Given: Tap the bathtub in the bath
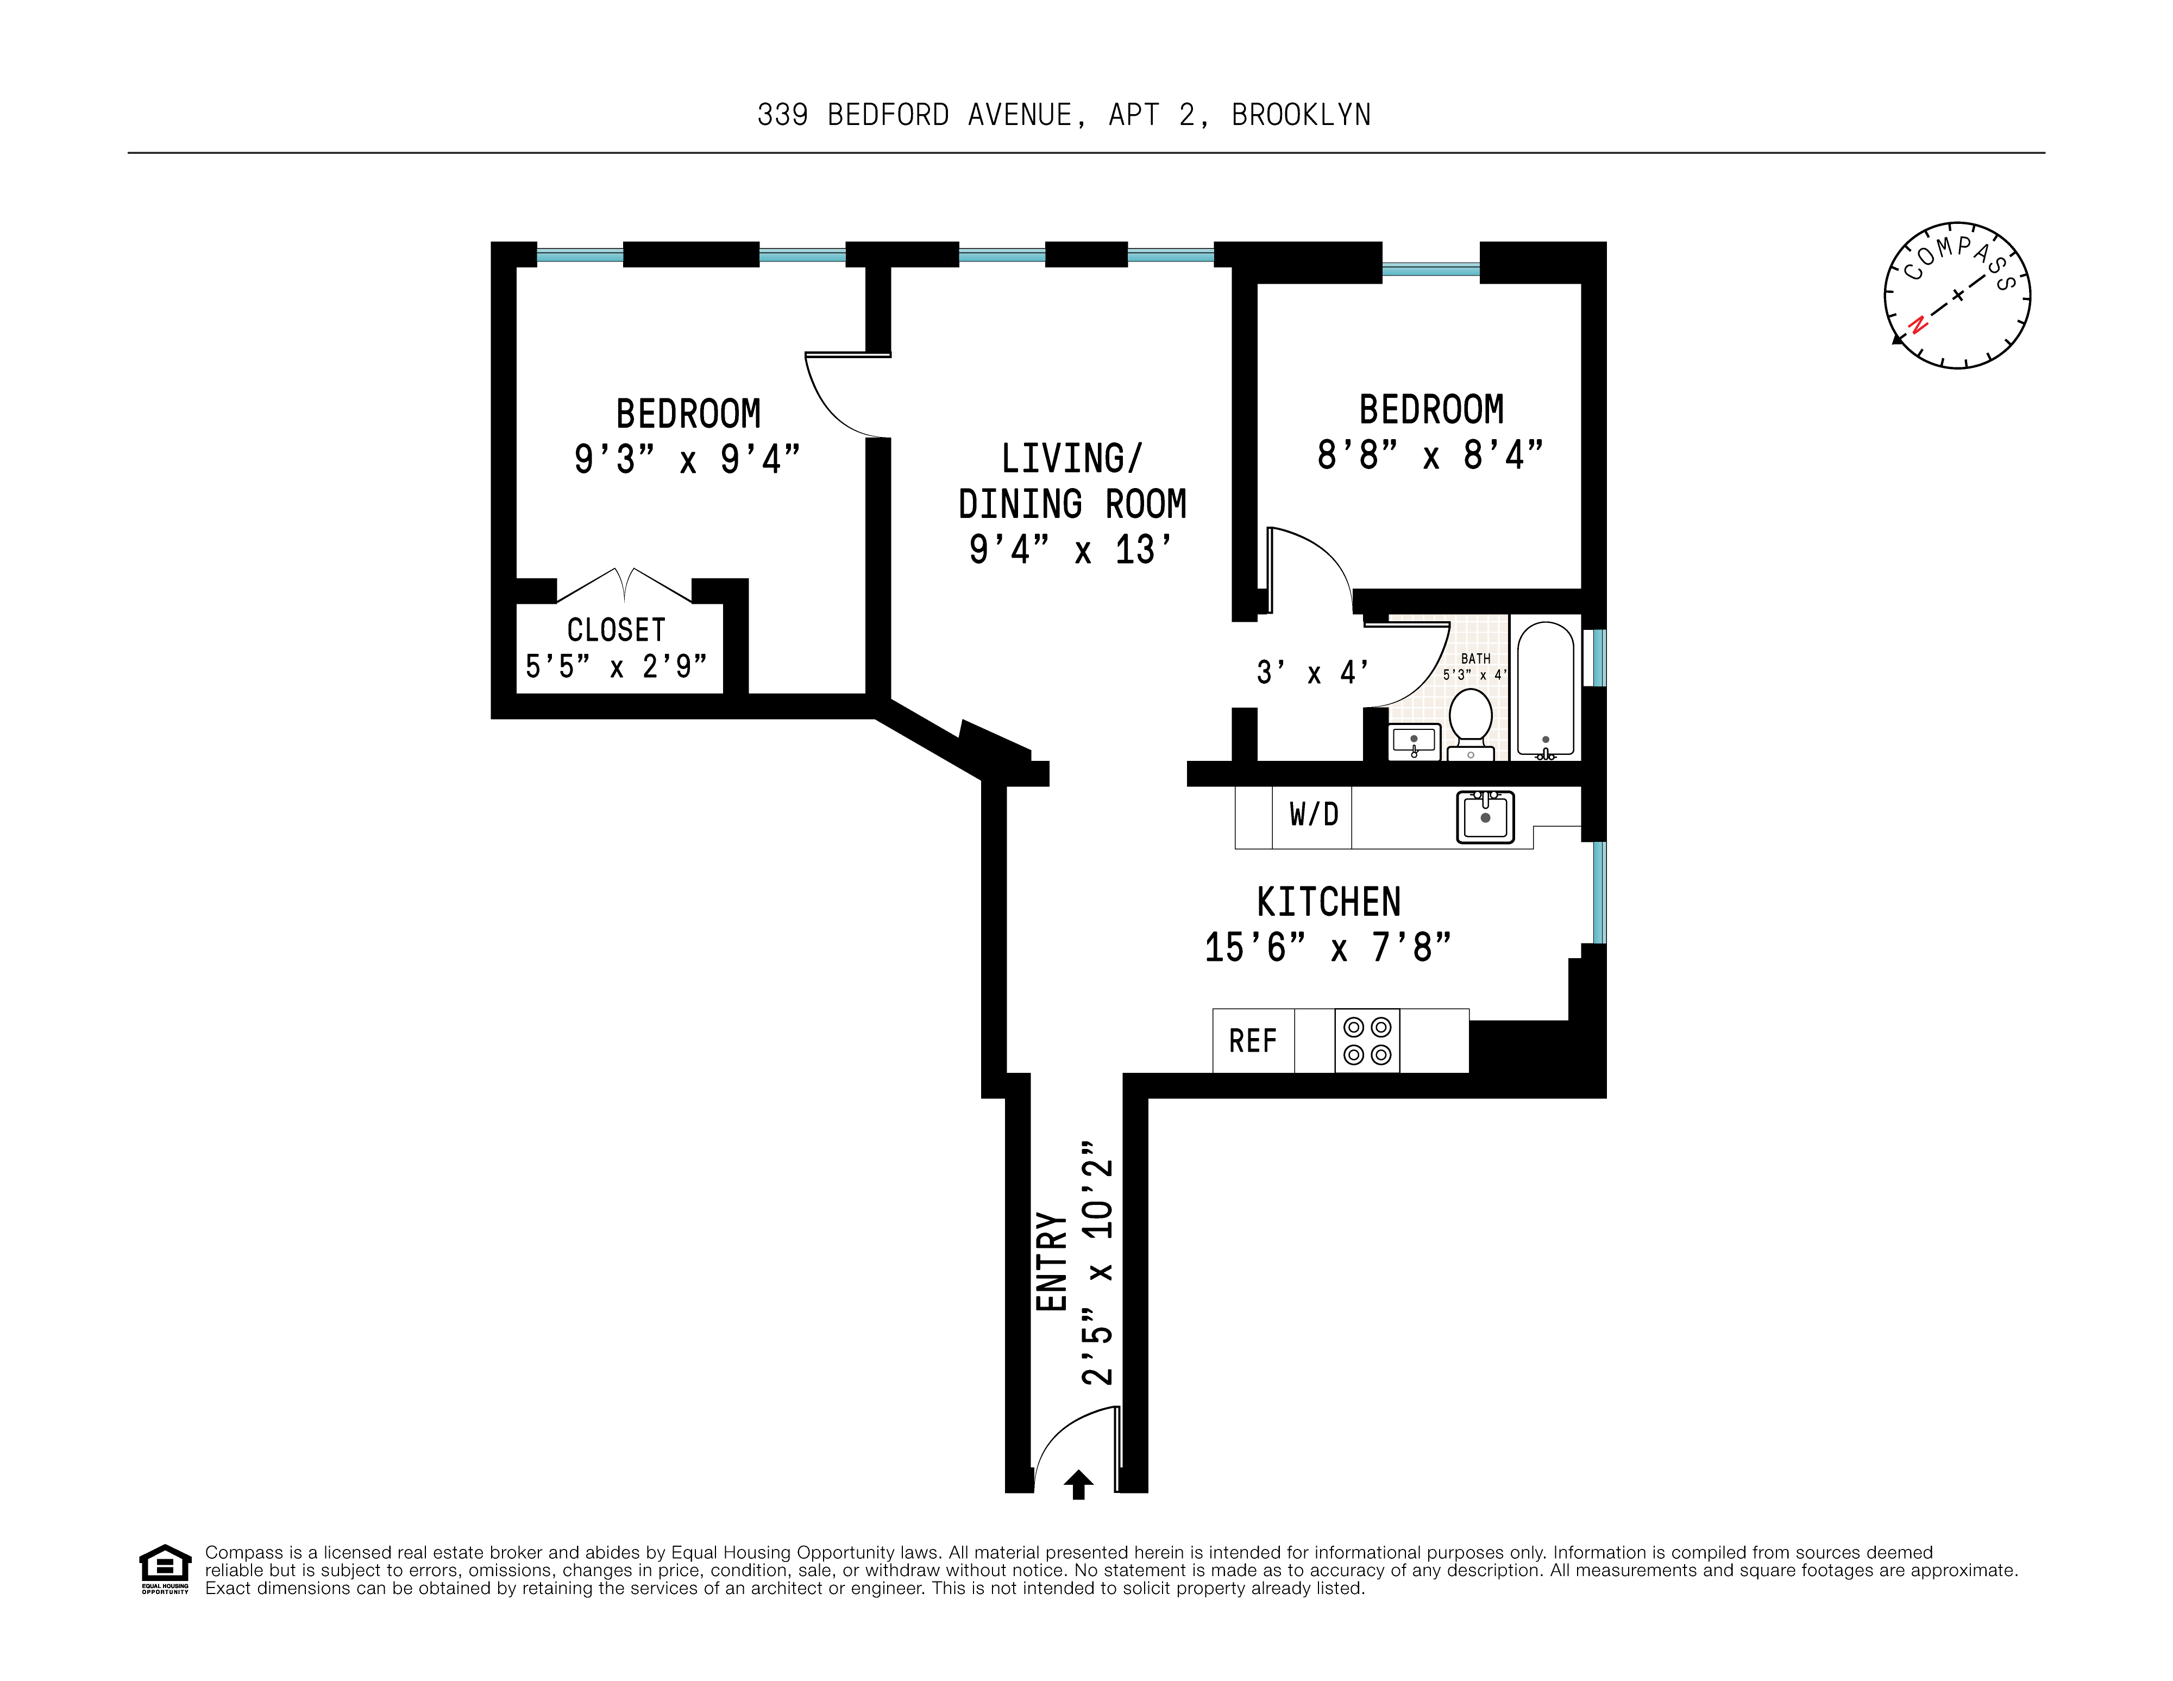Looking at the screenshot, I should tap(1545, 689).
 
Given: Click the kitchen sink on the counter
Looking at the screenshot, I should tap(1485, 817).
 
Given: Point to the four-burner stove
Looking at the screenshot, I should tap(1367, 1041).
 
